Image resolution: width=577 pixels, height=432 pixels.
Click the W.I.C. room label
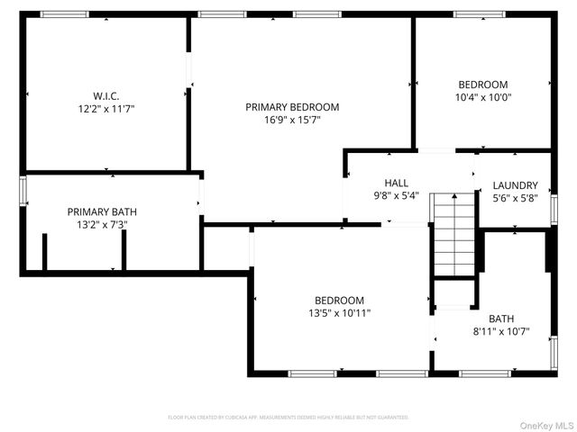pyautogui.click(x=105, y=95)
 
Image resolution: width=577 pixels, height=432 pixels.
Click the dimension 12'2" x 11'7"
pyautogui.click(x=105, y=108)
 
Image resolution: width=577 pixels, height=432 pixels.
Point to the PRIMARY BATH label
pyautogui.click(x=102, y=212)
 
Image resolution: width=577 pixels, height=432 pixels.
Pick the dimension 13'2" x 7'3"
pyautogui.click(x=102, y=225)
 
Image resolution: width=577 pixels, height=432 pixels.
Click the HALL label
pyautogui.click(x=396, y=183)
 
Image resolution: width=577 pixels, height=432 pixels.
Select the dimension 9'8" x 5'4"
pyautogui.click(x=396, y=195)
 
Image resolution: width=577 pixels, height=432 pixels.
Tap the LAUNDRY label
pyautogui.click(x=516, y=185)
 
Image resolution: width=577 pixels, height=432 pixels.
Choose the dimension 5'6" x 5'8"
pyautogui.click(x=516, y=198)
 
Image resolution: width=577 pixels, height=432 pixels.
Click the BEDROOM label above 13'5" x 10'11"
pyautogui.click(x=339, y=301)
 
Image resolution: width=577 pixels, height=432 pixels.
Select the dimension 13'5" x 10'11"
pyautogui.click(x=339, y=313)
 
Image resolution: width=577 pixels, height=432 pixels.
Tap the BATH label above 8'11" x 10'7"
pyautogui.click(x=502, y=319)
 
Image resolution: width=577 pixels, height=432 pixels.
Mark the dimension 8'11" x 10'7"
pyautogui.click(x=502, y=331)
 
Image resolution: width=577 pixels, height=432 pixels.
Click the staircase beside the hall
pyautogui.click(x=453, y=234)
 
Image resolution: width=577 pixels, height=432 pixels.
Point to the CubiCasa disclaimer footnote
pyautogui.click(x=288, y=418)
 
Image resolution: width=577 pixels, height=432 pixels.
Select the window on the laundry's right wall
pyautogui.click(x=554, y=197)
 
